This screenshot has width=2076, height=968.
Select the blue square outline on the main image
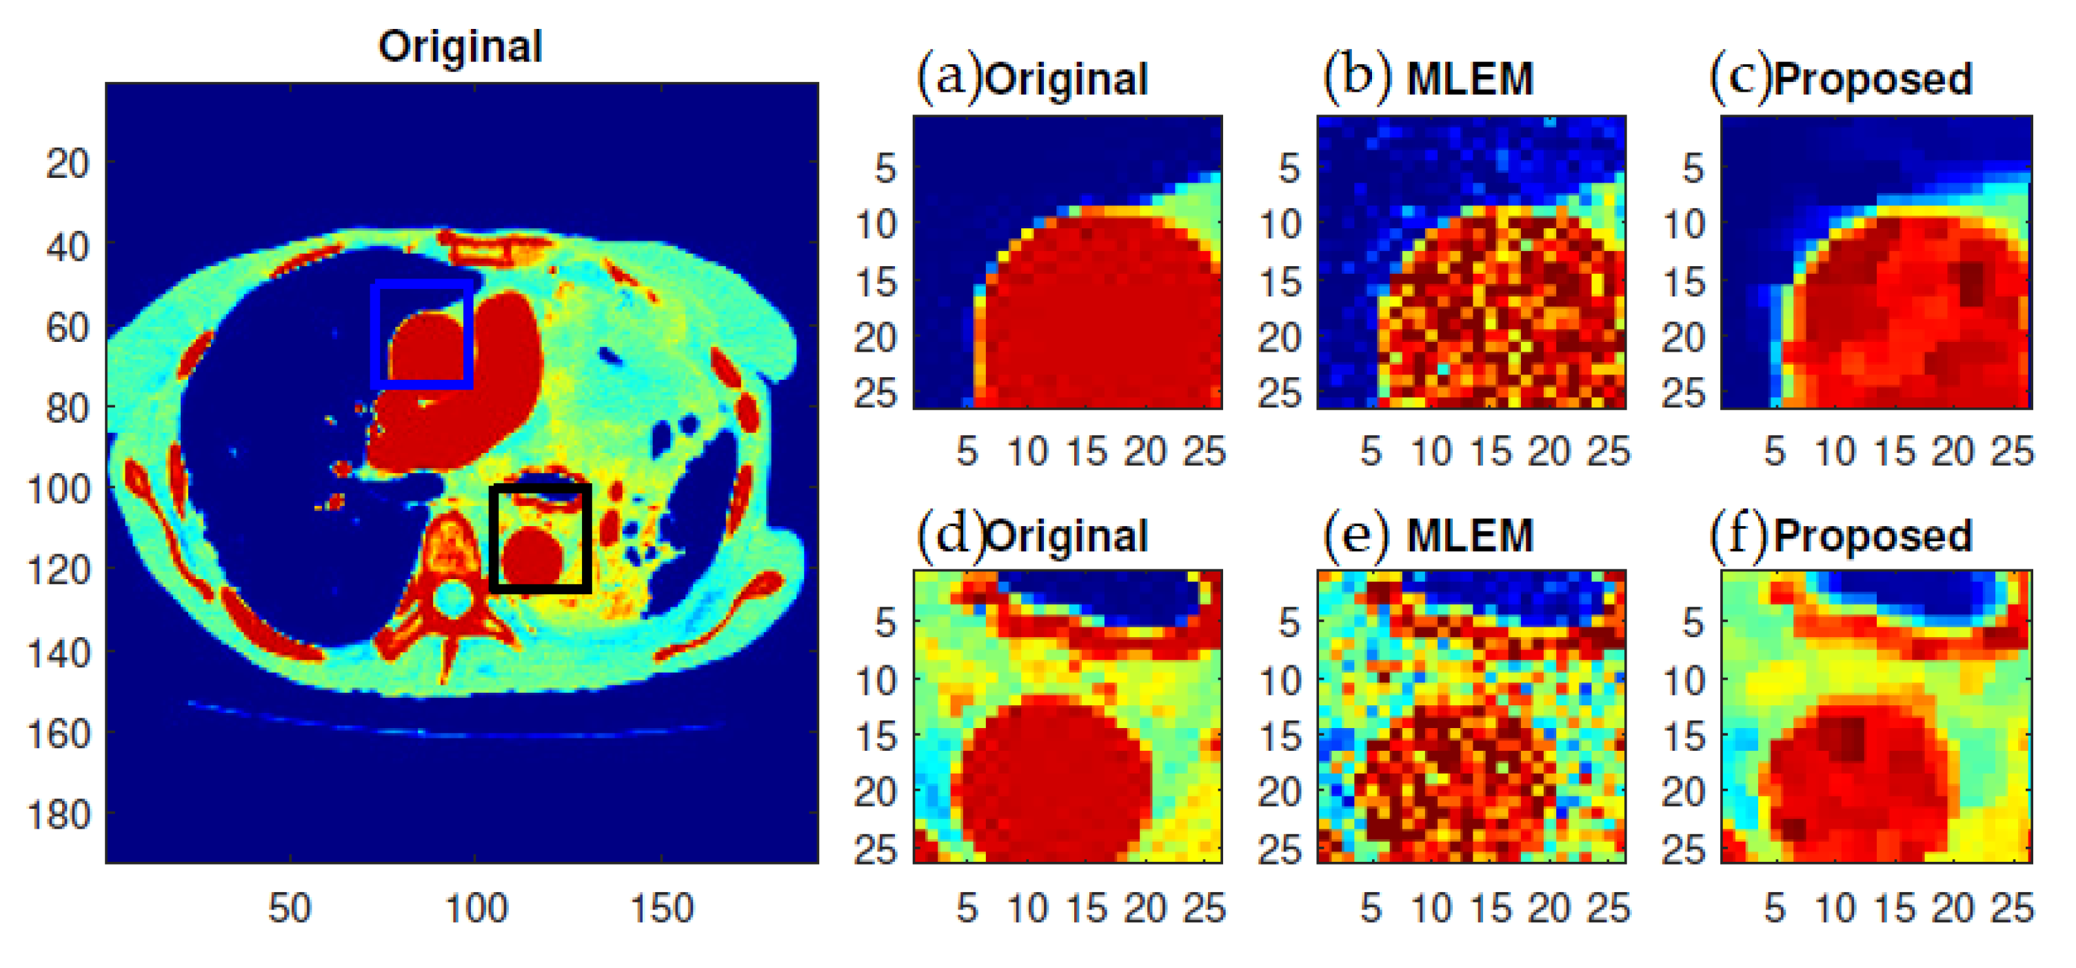[x=376, y=334]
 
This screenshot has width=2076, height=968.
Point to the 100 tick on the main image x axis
[x=476, y=908]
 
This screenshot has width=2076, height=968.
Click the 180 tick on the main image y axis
[x=59, y=815]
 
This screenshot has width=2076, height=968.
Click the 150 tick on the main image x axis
[x=662, y=908]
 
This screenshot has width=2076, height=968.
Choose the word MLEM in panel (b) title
[x=1470, y=79]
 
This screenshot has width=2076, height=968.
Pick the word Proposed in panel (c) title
[x=1873, y=79]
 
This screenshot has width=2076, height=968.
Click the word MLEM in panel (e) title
[x=1470, y=536]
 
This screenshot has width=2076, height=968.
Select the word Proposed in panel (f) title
[x=1873, y=536]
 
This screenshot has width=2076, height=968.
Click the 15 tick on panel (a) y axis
[x=875, y=283]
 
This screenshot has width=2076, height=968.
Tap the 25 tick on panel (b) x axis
[x=1609, y=452]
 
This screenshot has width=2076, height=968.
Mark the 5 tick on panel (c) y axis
[x=1693, y=169]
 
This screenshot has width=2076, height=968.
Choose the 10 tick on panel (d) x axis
[x=1027, y=908]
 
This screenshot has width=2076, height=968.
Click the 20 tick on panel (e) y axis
[x=1279, y=792]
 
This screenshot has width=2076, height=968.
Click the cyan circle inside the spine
[x=453, y=599]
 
